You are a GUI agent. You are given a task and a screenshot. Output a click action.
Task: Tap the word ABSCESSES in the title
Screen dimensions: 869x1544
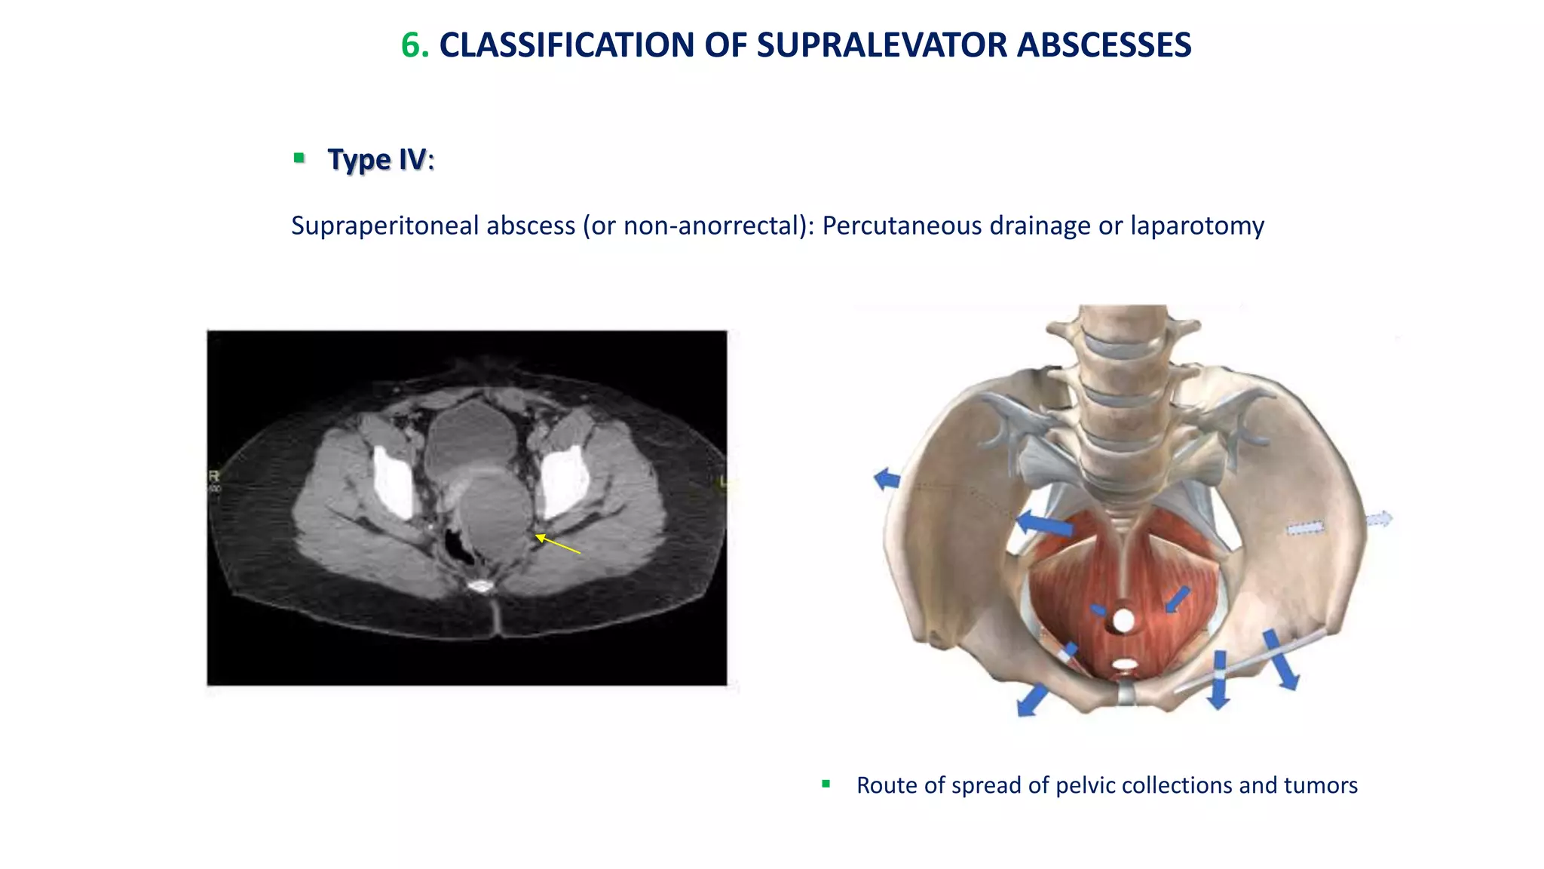click(x=1104, y=45)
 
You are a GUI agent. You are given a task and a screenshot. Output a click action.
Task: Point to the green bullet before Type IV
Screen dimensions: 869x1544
click(x=299, y=158)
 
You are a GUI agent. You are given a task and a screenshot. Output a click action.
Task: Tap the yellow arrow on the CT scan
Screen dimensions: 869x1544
click(x=557, y=544)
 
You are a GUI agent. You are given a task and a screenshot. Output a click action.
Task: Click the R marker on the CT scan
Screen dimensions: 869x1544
click(x=213, y=476)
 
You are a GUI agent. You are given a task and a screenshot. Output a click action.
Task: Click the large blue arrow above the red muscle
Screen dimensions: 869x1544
click(x=1044, y=523)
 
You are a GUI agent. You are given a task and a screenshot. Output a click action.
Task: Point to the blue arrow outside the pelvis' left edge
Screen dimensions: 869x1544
click(x=887, y=478)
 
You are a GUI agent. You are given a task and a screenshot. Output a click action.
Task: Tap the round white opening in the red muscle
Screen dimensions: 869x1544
click(x=1123, y=621)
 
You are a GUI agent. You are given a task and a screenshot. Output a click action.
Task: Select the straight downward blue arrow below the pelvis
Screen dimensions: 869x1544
click(x=1218, y=680)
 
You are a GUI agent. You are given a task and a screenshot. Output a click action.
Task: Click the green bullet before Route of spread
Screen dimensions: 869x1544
click(x=826, y=785)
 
